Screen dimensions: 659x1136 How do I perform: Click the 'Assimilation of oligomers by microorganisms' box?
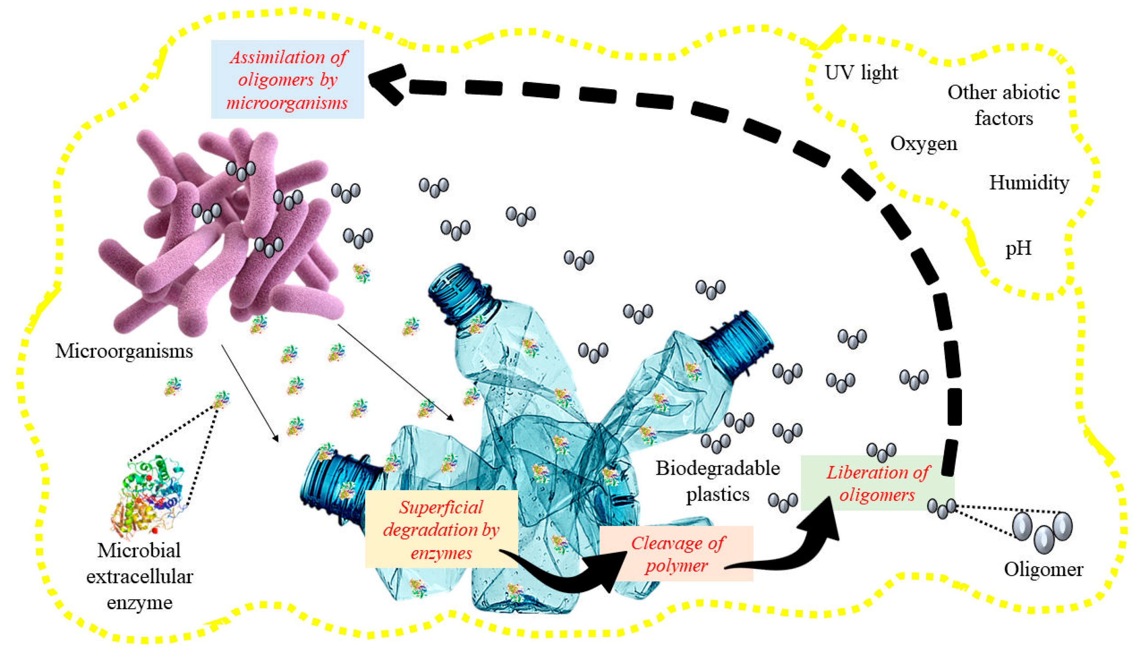click(x=288, y=79)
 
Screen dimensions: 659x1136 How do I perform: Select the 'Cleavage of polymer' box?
click(x=677, y=554)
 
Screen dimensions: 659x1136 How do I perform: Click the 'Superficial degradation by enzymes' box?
click(x=441, y=530)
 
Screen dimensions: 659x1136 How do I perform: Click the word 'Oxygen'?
click(x=923, y=144)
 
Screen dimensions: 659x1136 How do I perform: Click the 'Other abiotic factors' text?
click(x=1004, y=106)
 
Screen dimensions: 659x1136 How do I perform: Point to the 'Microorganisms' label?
click(x=124, y=351)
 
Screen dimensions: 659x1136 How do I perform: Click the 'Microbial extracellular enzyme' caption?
click(x=140, y=577)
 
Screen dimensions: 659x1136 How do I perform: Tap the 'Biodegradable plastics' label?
click(x=717, y=481)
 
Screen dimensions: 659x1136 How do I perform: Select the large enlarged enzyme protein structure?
click(x=151, y=496)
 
